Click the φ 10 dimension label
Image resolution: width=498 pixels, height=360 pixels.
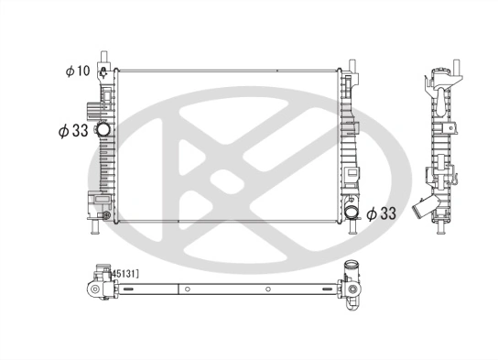[x=78, y=71]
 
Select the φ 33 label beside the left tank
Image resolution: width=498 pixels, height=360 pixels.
[x=70, y=131]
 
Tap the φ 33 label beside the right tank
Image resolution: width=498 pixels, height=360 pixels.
[x=382, y=213]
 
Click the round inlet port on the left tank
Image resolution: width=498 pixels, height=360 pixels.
[x=103, y=130]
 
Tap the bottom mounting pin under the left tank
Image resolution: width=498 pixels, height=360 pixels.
[x=97, y=228]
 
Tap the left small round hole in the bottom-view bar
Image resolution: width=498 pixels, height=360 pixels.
[x=187, y=289]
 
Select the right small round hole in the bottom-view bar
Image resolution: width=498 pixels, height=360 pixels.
[x=266, y=289]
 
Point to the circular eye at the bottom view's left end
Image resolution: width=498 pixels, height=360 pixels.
[x=94, y=289]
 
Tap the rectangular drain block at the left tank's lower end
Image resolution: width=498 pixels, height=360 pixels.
[x=94, y=204]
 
